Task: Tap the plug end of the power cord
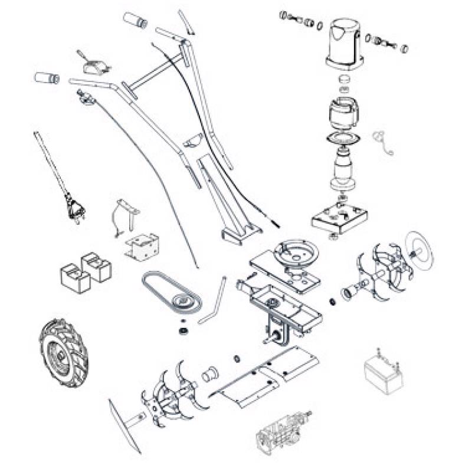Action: click(x=74, y=209)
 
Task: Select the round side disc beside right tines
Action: click(x=420, y=251)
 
